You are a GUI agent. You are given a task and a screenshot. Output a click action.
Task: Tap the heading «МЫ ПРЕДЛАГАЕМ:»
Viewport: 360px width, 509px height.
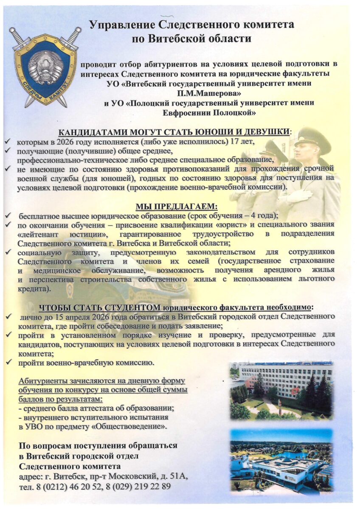point(176,207)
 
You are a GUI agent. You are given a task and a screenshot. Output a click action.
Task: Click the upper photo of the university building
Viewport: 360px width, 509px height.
point(281,390)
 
